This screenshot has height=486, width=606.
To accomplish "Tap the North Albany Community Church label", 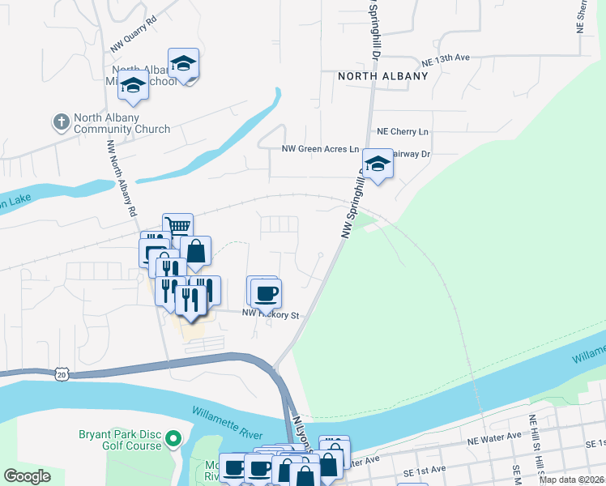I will point(122,123).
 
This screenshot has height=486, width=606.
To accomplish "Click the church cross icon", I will point(61,123).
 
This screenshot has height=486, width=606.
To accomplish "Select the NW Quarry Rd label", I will point(133,40).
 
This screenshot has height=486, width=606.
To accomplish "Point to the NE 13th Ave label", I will point(446,60).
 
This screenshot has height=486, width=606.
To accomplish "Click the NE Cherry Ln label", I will point(403,131).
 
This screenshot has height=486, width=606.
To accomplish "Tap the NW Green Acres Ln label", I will point(320,149).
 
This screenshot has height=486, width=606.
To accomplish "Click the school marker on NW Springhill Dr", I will point(377,164).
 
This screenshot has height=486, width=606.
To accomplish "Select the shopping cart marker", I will point(177,228).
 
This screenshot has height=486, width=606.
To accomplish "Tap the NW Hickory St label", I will point(272,314).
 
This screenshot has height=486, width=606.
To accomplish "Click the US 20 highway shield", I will point(62,373).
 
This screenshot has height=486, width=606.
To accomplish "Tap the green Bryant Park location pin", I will point(173,440).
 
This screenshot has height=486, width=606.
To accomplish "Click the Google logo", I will point(27,476).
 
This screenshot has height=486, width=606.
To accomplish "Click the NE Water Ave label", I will point(494,437).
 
